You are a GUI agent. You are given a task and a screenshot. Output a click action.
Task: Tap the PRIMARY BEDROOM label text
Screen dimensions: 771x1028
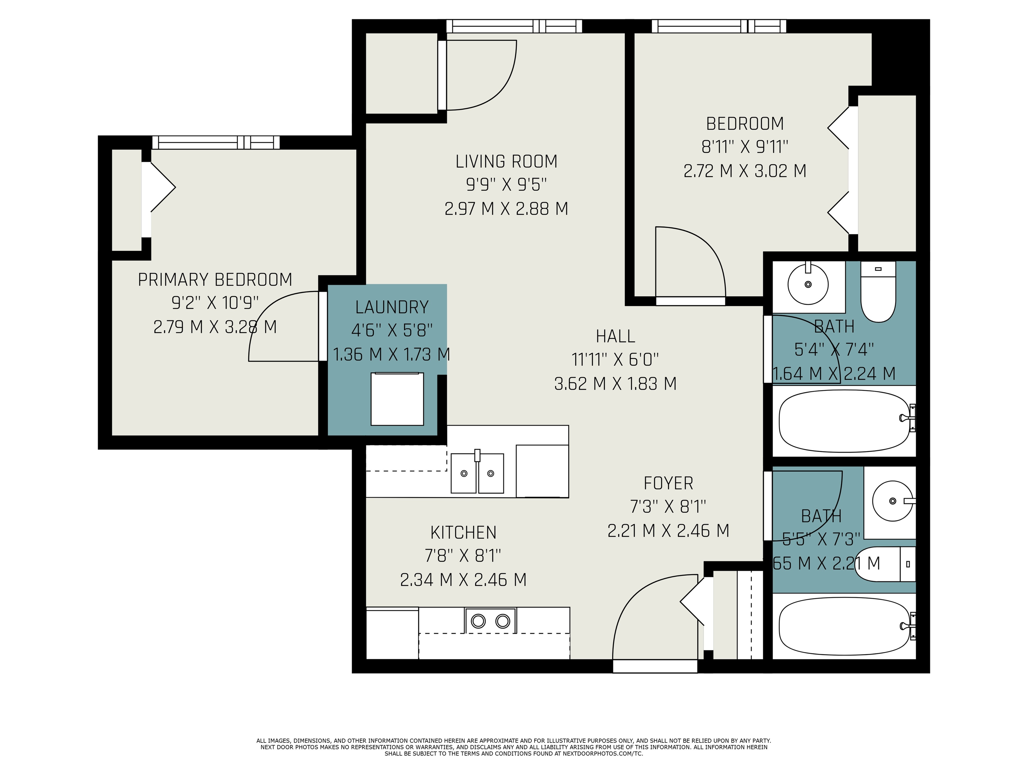point(215,280)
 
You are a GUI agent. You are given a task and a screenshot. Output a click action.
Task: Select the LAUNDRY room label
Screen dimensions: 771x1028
point(391,307)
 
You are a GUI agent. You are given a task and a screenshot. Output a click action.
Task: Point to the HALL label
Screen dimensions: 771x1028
point(615,336)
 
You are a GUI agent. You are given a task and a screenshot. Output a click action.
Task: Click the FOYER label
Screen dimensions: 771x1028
point(668,483)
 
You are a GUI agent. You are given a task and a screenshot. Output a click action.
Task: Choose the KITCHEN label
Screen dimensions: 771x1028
point(463,532)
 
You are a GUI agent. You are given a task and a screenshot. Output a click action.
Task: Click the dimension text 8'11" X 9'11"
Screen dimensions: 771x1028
point(745,147)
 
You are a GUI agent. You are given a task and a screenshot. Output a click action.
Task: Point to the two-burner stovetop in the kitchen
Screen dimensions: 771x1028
point(490,621)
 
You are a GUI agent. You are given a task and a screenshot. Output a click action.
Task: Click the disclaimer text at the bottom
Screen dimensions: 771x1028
point(513,747)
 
